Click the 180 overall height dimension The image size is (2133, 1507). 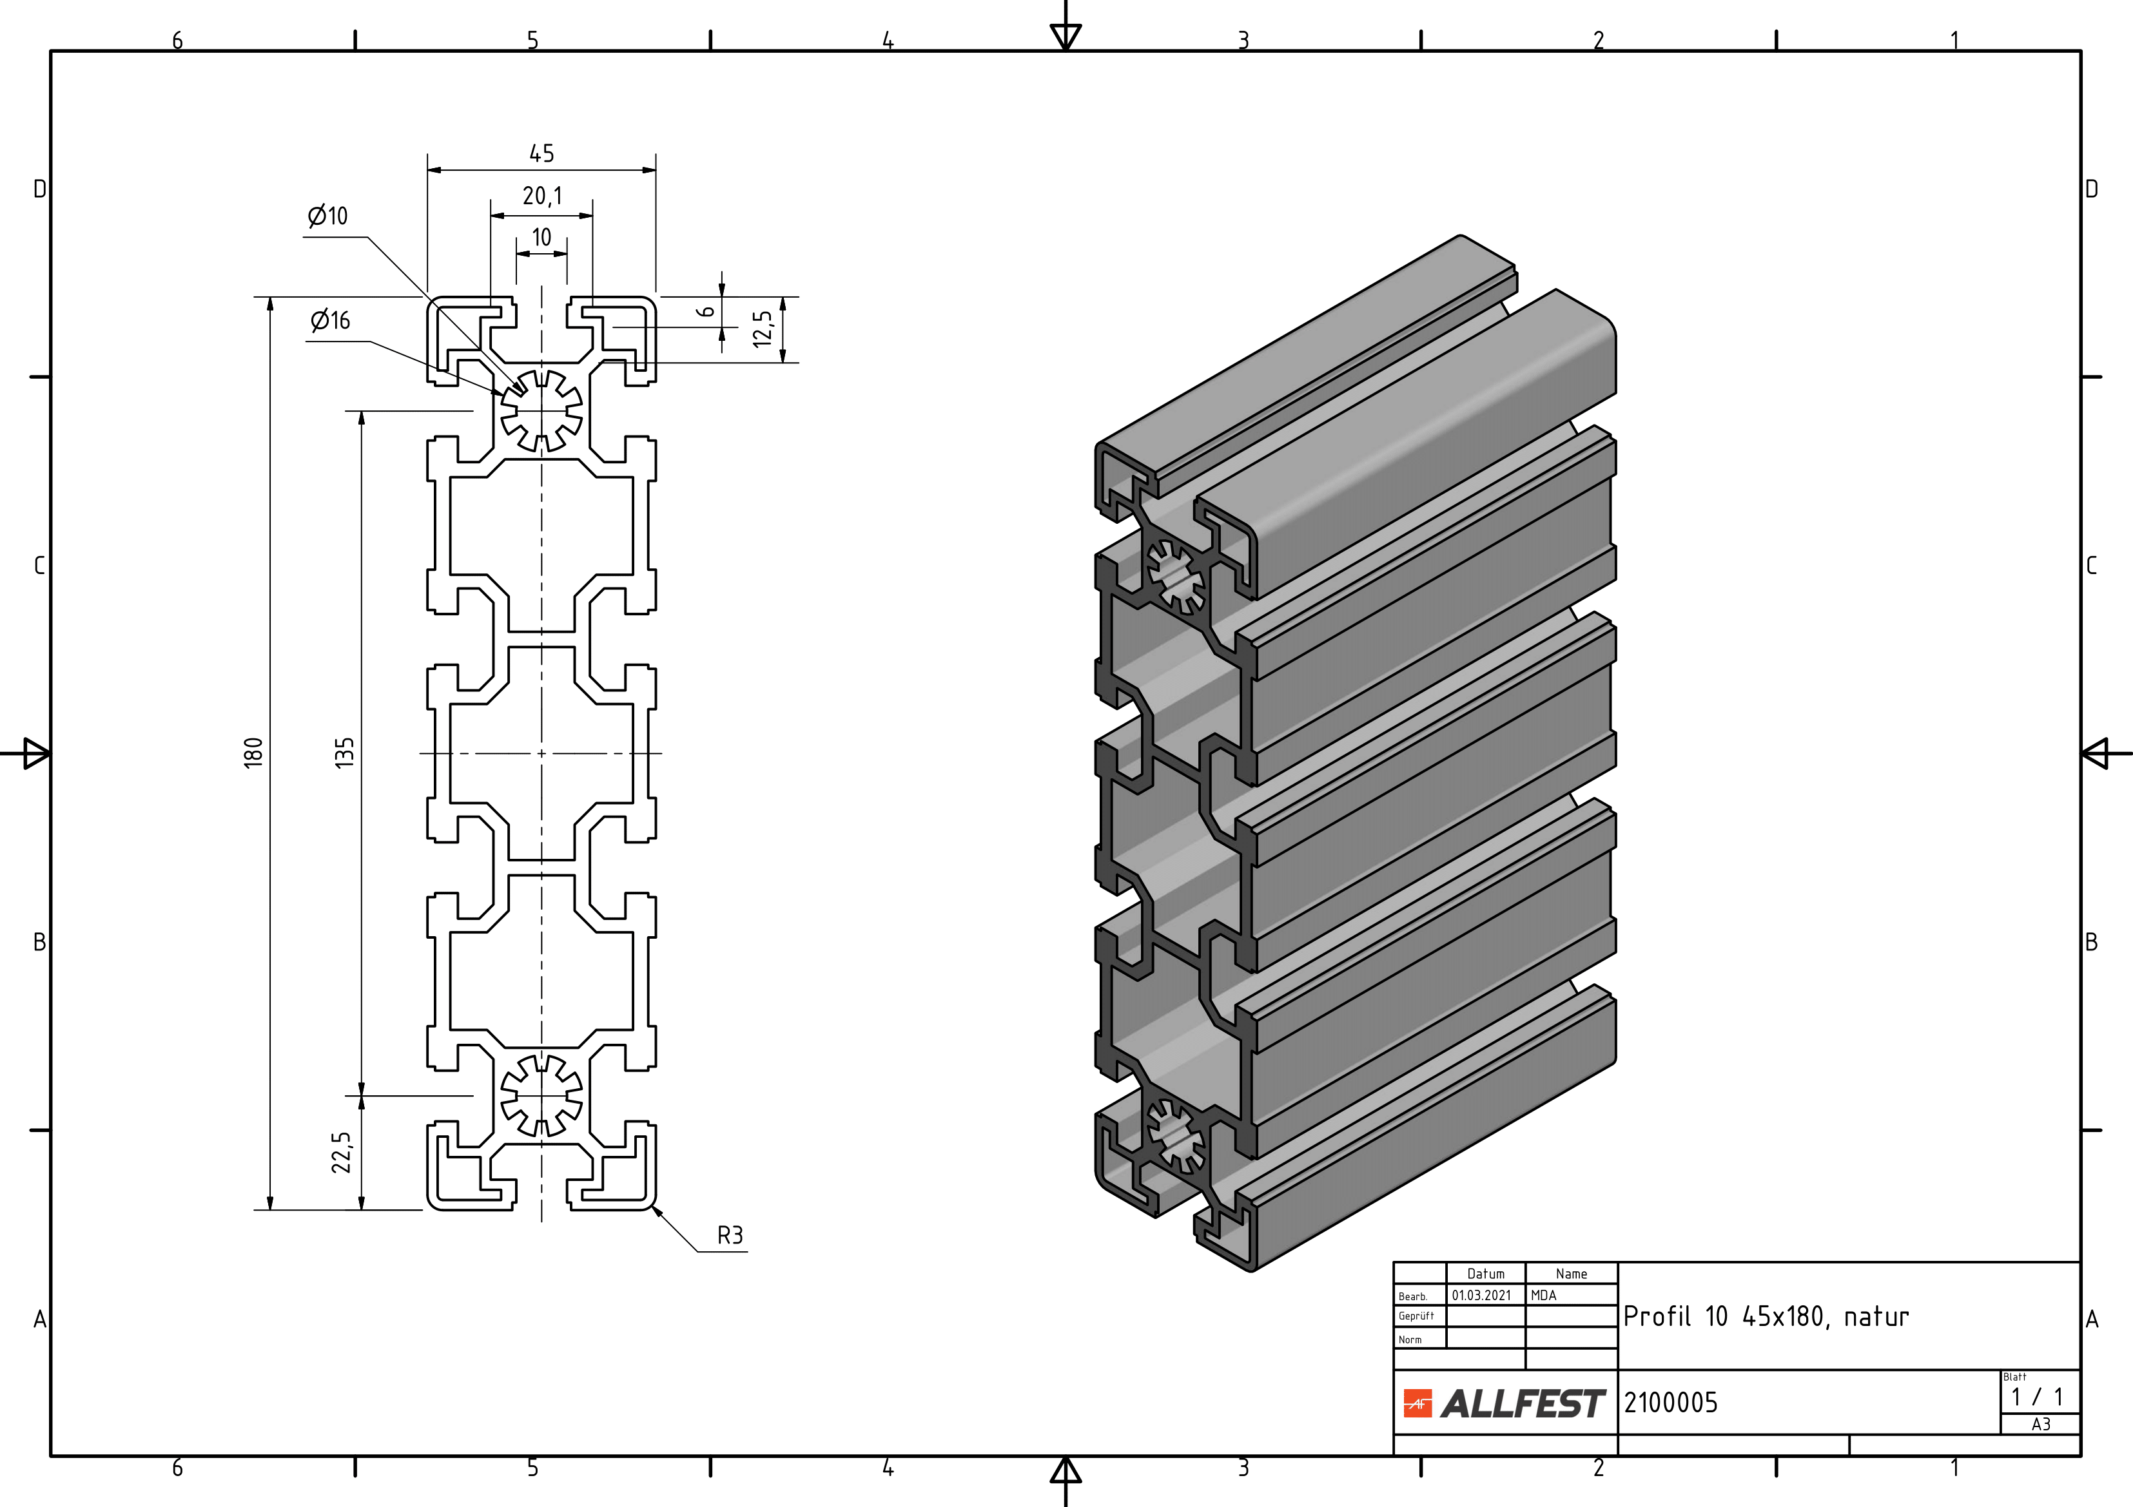click(x=253, y=751)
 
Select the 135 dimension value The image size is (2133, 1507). click(x=345, y=752)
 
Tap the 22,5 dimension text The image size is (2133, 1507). click(x=342, y=1152)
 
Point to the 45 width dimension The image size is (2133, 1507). click(x=541, y=153)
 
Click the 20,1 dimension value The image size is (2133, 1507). click(x=541, y=196)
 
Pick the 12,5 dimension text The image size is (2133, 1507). click(x=763, y=329)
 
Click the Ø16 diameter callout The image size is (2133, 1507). click(x=331, y=320)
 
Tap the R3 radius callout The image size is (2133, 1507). click(x=730, y=1235)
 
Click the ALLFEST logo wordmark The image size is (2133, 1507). click(x=1522, y=1404)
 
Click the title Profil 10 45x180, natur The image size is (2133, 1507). click(x=1765, y=1317)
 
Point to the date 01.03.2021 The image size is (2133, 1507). click(x=1482, y=1295)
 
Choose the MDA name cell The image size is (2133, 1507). click(x=1543, y=1295)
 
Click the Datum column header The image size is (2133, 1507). click(x=1485, y=1274)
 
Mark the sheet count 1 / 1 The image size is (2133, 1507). click(x=2038, y=1397)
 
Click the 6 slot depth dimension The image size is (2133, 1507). click(x=707, y=312)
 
